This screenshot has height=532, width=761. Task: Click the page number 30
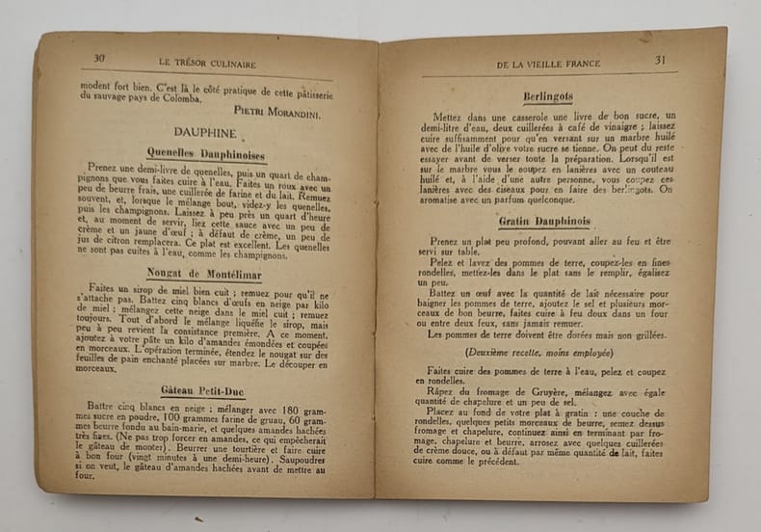pyautogui.click(x=99, y=58)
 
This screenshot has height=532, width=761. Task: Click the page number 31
pyautogui.click(x=661, y=60)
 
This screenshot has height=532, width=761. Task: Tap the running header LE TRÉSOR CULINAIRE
pyautogui.click(x=206, y=64)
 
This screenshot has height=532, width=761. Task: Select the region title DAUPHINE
pyautogui.click(x=201, y=129)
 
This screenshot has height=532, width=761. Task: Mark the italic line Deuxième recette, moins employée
pyautogui.click(x=544, y=353)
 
